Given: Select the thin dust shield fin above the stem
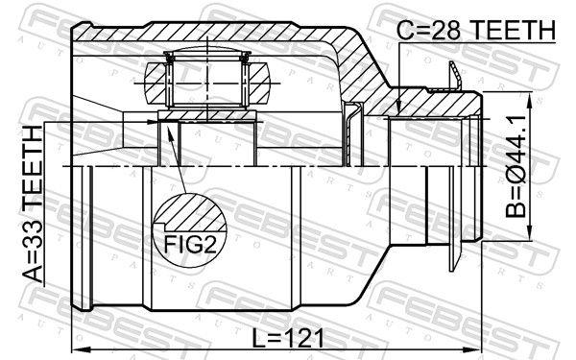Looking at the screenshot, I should tap(452, 75).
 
